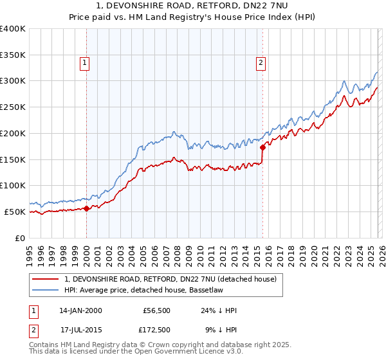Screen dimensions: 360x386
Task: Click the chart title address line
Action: click(192, 5)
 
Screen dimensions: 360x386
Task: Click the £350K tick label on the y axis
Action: click(13, 55)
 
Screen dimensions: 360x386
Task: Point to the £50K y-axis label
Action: click(15, 212)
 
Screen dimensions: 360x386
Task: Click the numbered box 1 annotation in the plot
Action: click(86, 62)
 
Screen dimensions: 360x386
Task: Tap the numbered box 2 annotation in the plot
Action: click(261, 62)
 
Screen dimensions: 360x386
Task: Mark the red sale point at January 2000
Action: click(87, 208)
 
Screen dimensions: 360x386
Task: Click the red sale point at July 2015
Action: click(262, 147)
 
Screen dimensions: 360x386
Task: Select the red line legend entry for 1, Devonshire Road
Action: click(170, 279)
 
